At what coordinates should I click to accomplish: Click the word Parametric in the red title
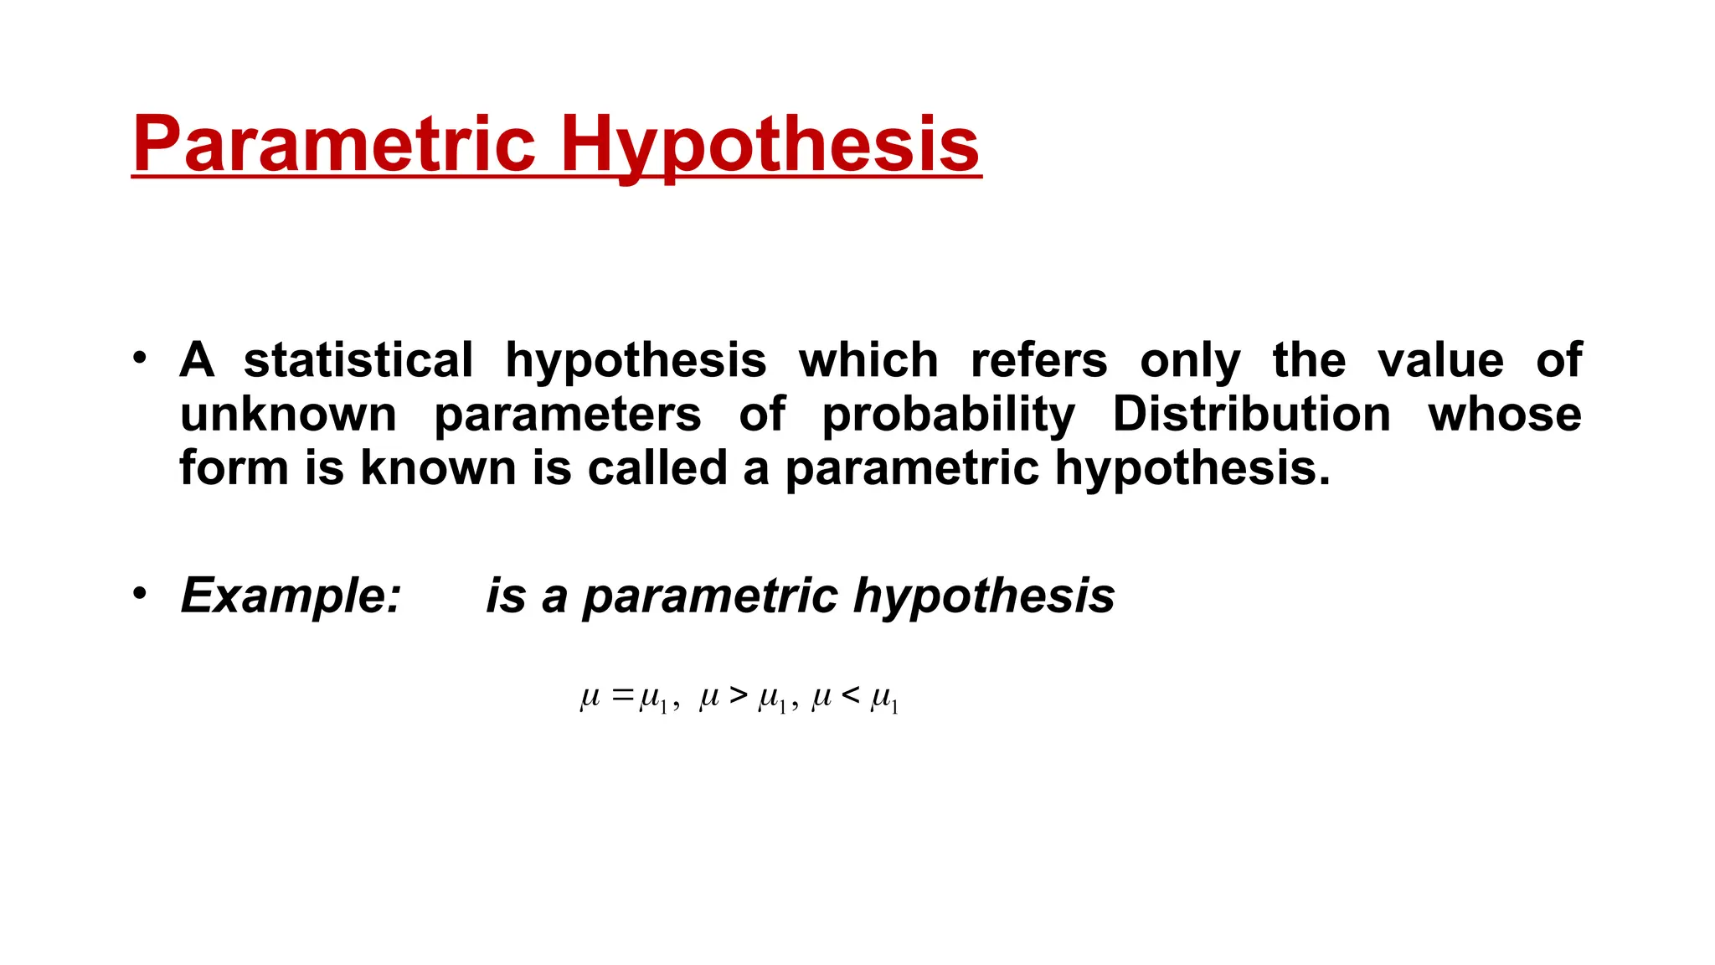point(333,143)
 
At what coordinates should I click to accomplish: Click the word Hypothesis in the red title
point(770,143)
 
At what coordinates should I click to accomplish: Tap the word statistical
point(358,360)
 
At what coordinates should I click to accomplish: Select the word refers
point(1038,360)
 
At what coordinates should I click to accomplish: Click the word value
point(1440,360)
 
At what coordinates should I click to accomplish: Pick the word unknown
point(288,414)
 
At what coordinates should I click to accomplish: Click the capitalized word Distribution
point(1251,414)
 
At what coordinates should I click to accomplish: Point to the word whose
point(1505,414)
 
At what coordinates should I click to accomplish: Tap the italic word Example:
point(291,596)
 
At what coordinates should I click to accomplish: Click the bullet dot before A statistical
point(140,358)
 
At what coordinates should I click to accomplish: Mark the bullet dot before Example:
point(140,593)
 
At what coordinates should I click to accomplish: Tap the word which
point(868,360)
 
